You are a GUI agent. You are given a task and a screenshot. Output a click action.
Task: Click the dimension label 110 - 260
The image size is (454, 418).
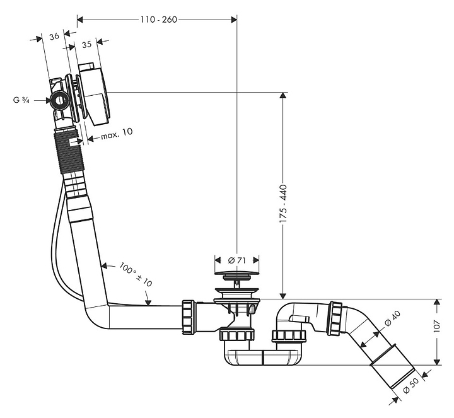[158, 20]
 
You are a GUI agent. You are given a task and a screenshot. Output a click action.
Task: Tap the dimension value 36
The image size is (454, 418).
[54, 37]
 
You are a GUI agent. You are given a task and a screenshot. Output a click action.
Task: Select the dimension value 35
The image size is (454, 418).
[87, 44]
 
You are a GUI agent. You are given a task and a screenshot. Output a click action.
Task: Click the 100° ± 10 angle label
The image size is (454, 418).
[136, 276]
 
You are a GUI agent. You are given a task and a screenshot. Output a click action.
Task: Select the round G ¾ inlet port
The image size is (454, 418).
[60, 100]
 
